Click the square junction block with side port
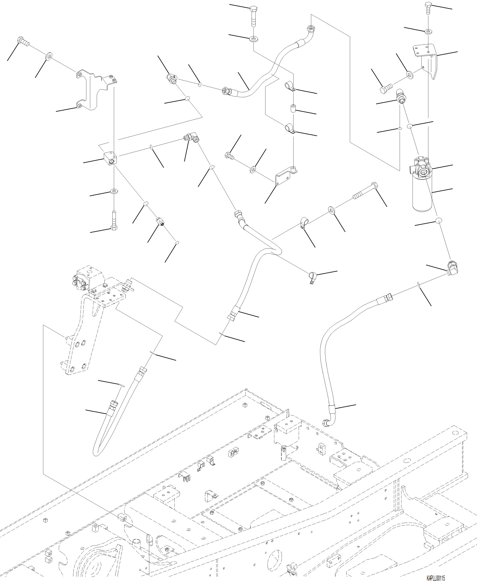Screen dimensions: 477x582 click(x=111, y=158)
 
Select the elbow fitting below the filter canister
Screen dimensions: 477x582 click(x=451, y=268)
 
